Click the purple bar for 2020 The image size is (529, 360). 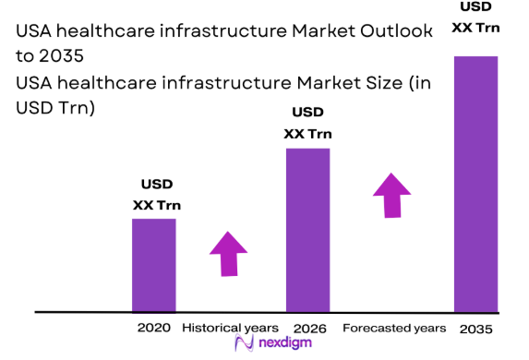(153, 266)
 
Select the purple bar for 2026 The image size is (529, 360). (307, 230)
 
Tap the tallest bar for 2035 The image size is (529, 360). (475, 185)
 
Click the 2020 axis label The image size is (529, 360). (154, 328)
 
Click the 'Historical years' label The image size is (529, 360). (229, 328)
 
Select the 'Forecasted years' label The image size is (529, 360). (394, 328)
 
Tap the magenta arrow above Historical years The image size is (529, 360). (228, 252)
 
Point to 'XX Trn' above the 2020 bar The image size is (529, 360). (155, 204)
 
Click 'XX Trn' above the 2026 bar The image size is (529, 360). (307, 133)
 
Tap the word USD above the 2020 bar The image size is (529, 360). (156, 184)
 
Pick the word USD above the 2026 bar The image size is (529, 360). (307, 113)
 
